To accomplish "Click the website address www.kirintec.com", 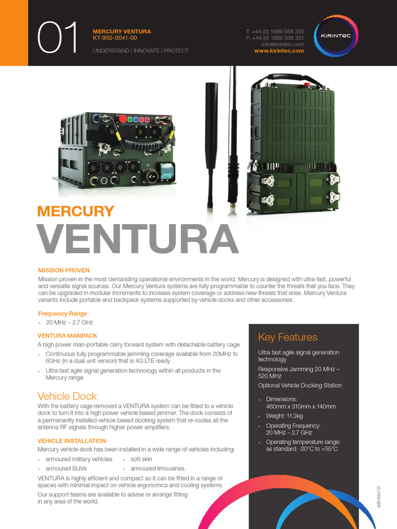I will pyautogui.click(x=279, y=51).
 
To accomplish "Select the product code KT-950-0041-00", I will pyautogui.click(x=115, y=38).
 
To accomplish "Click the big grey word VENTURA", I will pyautogui.click(x=138, y=238).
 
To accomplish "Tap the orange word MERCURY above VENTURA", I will pyautogui.click(x=75, y=211).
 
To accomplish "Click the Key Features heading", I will pyautogui.click(x=287, y=337).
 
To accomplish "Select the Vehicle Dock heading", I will pyautogui.click(x=67, y=396).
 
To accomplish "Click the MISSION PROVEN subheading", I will pyautogui.click(x=64, y=270).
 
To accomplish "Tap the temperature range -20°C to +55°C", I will pyautogui.click(x=302, y=449).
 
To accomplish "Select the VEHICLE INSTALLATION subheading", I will pyautogui.click(x=72, y=441).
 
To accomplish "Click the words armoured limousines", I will pyautogui.click(x=158, y=469).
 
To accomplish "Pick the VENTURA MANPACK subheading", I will pyautogui.click(x=68, y=335).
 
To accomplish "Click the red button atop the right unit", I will pyautogui.click(x=307, y=85).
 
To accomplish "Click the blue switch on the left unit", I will pyautogui.click(x=167, y=170).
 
